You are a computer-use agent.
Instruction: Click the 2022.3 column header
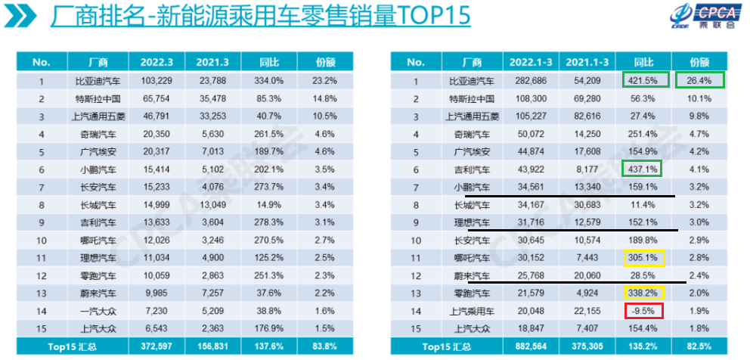[157, 62]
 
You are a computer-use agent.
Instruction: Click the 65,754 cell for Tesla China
[157, 98]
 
